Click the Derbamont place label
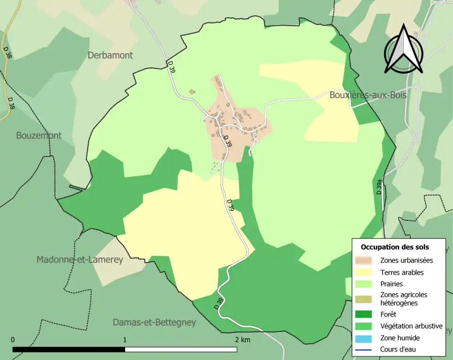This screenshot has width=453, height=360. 110,55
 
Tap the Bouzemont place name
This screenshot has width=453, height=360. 39,135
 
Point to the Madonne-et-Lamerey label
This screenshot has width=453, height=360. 80,260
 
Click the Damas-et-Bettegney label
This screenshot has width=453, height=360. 154,323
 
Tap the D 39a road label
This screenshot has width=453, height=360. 379,187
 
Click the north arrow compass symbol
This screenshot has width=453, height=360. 403,49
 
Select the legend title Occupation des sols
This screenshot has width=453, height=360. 395,247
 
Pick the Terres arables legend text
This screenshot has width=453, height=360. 402,272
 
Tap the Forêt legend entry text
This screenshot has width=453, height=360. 388,314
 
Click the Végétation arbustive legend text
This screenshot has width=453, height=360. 411,326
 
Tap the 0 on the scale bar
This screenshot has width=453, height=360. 13,339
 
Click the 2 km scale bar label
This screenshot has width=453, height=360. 243,339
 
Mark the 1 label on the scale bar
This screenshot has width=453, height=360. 125,339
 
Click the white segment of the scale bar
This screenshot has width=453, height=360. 181,349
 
